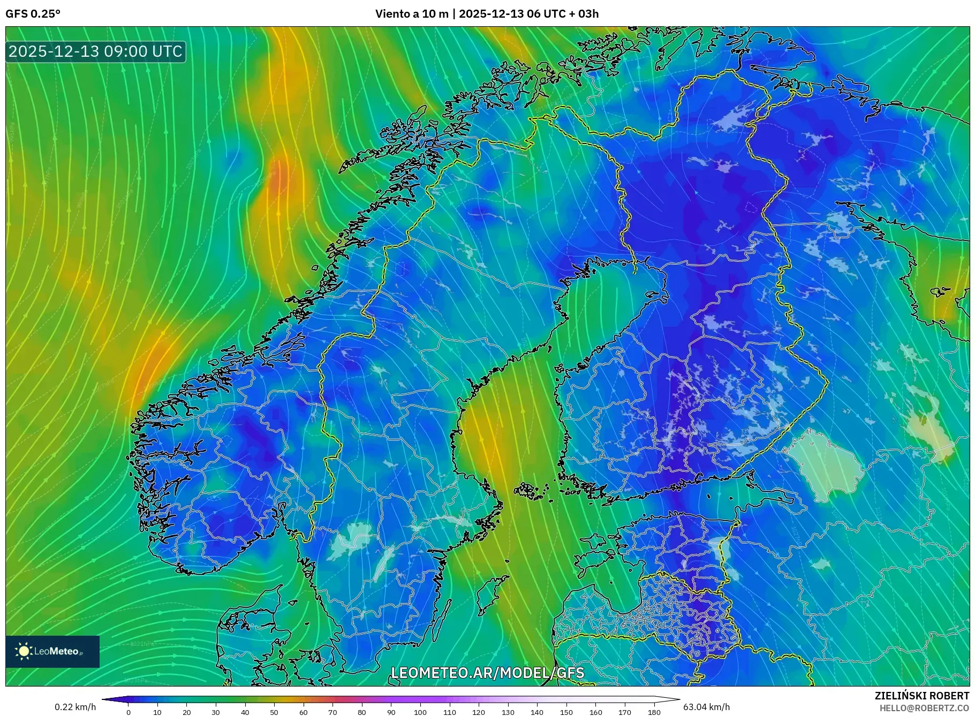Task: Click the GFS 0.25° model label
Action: point(33,14)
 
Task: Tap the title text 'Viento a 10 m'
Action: point(411,14)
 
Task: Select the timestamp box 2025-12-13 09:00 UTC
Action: point(95,51)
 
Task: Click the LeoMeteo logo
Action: point(52,651)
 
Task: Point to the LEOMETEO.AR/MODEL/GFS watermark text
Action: point(487,673)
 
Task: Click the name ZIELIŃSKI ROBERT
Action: point(921,696)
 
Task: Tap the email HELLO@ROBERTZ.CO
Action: point(924,708)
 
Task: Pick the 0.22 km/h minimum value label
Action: point(75,707)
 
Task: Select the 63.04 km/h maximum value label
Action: point(706,707)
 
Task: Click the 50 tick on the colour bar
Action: point(274,712)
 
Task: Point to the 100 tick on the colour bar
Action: point(420,712)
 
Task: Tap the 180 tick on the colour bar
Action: point(654,712)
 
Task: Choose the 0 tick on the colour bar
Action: point(129,712)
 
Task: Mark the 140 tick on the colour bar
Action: point(537,712)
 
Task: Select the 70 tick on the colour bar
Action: point(332,712)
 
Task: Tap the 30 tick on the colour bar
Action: point(216,712)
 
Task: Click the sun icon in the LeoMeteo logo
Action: point(24,651)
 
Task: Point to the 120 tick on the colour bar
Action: point(479,712)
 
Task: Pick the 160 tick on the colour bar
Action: point(595,712)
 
